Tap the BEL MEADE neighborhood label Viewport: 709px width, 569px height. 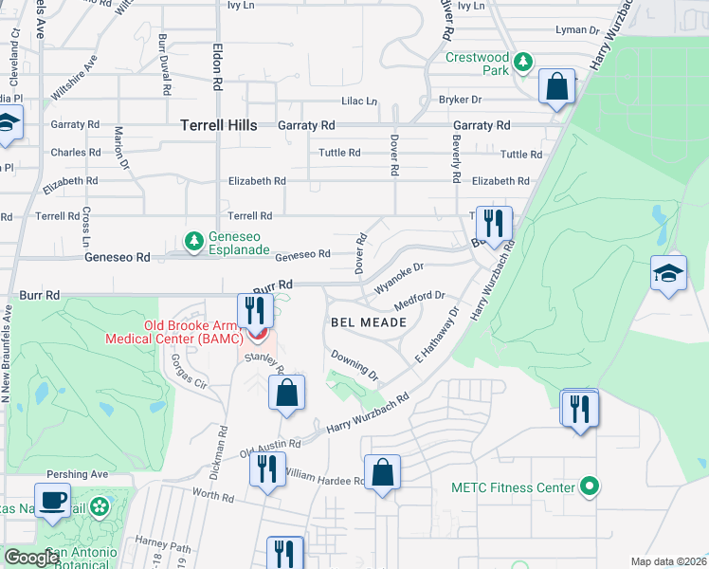[x=369, y=322]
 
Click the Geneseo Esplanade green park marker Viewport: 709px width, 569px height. [x=194, y=241]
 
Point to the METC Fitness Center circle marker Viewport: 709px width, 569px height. [x=590, y=487]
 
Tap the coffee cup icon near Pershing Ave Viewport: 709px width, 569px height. [x=52, y=499]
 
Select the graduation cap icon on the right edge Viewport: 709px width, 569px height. [x=668, y=274]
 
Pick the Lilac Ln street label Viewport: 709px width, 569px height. [x=359, y=101]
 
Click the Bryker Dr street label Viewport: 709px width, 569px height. [x=460, y=100]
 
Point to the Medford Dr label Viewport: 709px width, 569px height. [x=420, y=301]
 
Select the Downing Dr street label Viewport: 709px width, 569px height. [x=354, y=364]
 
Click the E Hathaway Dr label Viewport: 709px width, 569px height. [x=435, y=336]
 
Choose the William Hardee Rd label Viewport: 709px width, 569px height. [x=323, y=477]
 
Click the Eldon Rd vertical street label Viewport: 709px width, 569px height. [x=217, y=71]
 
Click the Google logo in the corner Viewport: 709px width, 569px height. [x=31, y=558]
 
